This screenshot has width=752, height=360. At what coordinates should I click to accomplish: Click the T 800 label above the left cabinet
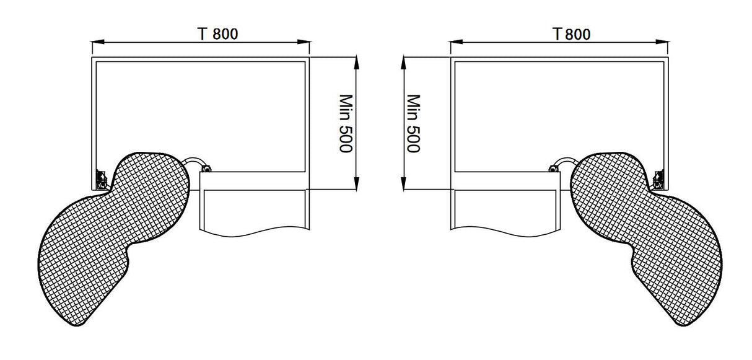[218, 34]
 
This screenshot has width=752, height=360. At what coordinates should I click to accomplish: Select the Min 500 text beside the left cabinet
[345, 123]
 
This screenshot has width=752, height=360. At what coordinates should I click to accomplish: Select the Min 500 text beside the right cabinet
[413, 123]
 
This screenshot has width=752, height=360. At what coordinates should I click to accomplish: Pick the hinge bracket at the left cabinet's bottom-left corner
[99, 180]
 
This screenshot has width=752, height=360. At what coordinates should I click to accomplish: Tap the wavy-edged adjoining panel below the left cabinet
[254, 211]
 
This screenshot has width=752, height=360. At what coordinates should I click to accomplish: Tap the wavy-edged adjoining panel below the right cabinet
[505, 211]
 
